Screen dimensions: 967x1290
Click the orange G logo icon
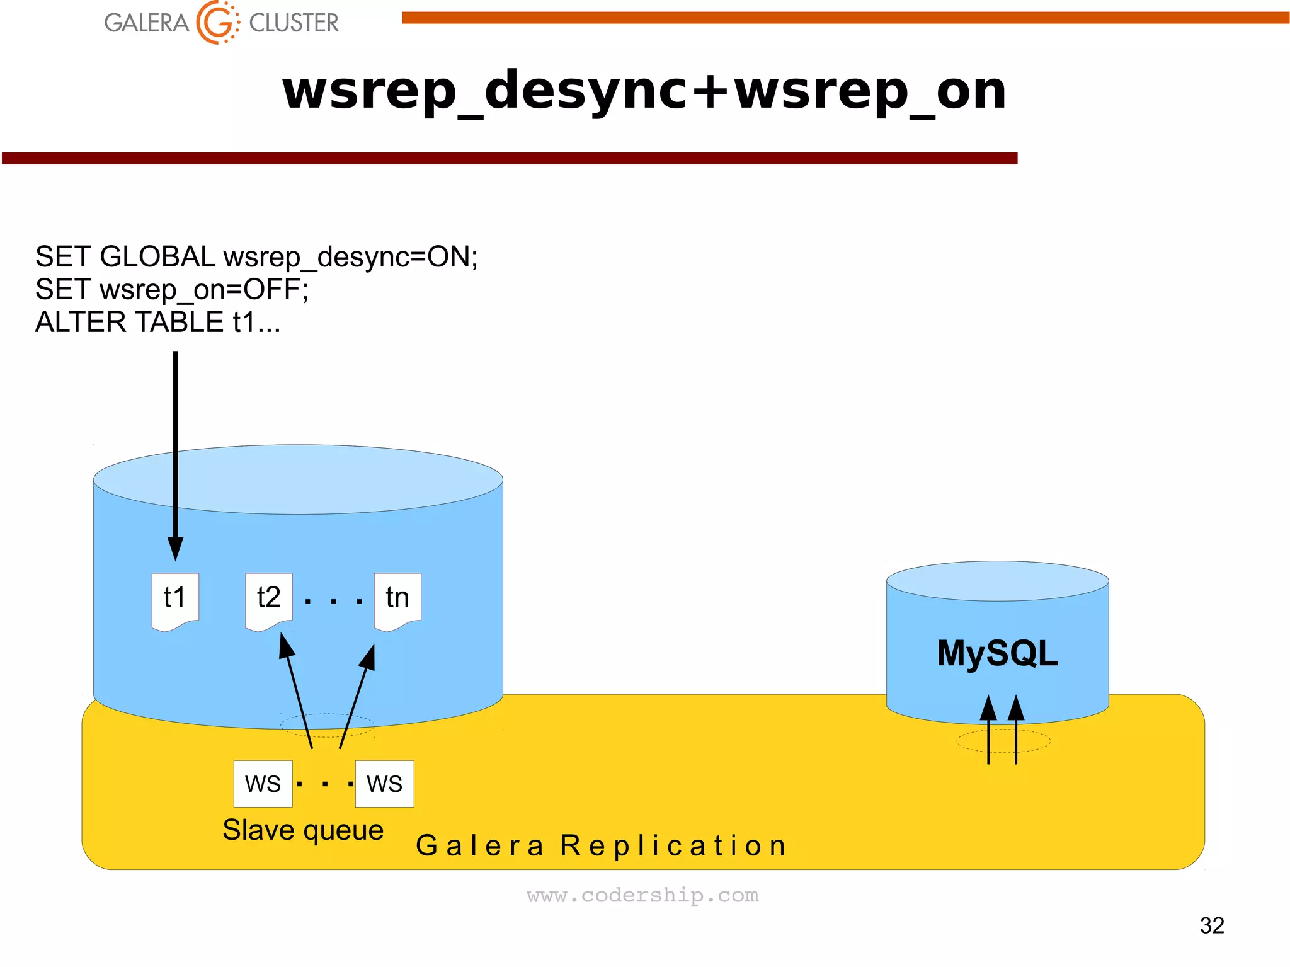tap(217, 23)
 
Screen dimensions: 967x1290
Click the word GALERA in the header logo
tap(146, 23)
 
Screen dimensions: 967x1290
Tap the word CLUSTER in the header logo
tap(294, 23)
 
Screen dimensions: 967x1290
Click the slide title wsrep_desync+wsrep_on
tap(644, 90)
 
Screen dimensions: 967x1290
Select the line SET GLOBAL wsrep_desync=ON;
tap(256, 257)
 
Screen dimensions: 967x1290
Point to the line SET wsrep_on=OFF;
tap(171, 290)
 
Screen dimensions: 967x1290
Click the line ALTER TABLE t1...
tap(157, 323)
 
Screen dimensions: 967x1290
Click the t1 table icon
tap(175, 600)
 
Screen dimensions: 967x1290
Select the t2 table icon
tap(269, 600)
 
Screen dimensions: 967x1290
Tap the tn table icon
tap(397, 600)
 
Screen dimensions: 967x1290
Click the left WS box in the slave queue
tap(263, 784)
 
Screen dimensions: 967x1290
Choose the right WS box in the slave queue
tap(384, 784)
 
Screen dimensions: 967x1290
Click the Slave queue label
tap(303, 830)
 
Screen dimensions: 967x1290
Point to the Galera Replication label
tap(602, 845)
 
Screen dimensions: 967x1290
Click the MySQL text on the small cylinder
tap(997, 653)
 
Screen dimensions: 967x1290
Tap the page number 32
tap(1211, 925)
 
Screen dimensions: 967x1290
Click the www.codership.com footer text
tap(642, 895)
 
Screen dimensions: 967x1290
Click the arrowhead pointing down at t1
tap(176, 548)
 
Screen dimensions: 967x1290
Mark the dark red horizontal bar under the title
tap(509, 158)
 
